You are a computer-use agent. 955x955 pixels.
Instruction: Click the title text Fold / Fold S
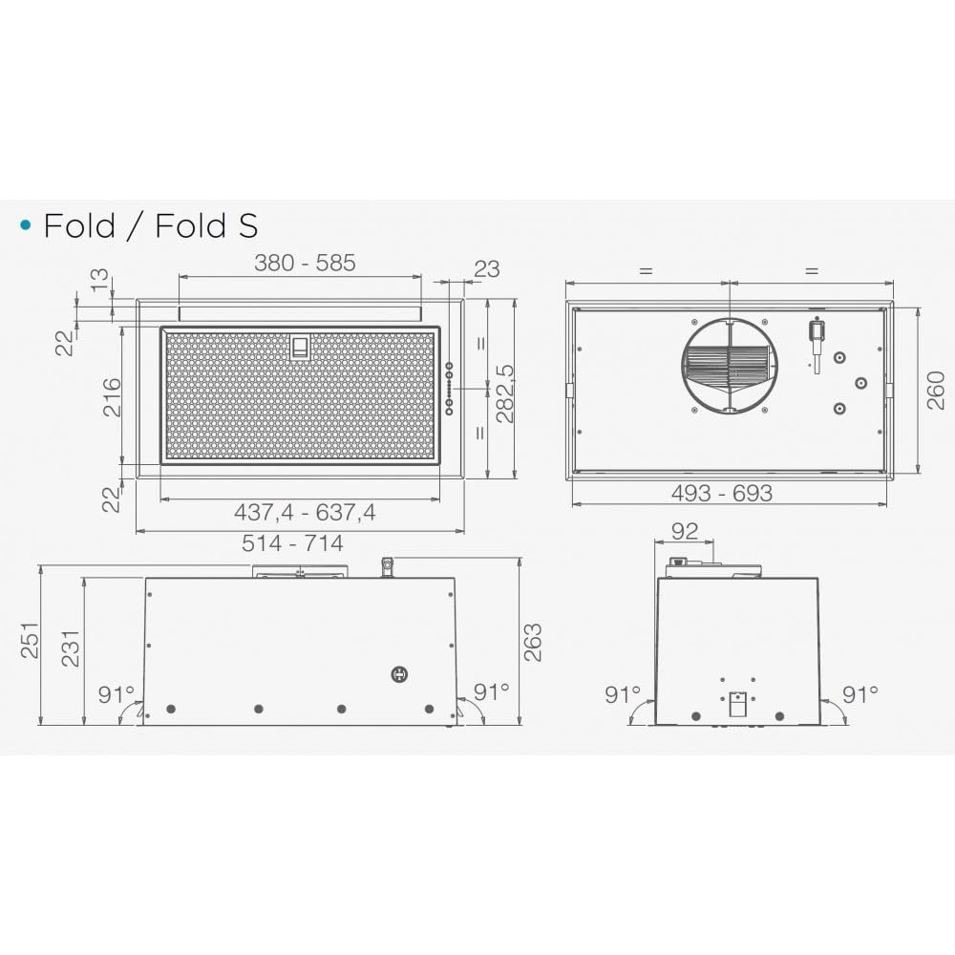coord(151,226)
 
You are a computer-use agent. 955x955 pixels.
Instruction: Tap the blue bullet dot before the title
coord(26,225)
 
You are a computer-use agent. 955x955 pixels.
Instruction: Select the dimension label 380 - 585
coord(305,264)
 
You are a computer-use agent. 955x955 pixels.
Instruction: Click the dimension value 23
coord(487,268)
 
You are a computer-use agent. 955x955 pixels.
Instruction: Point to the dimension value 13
coord(99,280)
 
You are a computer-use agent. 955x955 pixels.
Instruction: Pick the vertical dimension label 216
coord(112,397)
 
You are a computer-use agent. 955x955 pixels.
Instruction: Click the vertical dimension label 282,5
coord(505,394)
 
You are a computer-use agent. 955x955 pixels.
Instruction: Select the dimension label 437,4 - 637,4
coord(305,513)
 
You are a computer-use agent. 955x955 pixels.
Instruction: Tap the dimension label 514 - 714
coord(292,543)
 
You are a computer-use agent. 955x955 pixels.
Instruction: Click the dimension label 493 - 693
coord(722,494)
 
